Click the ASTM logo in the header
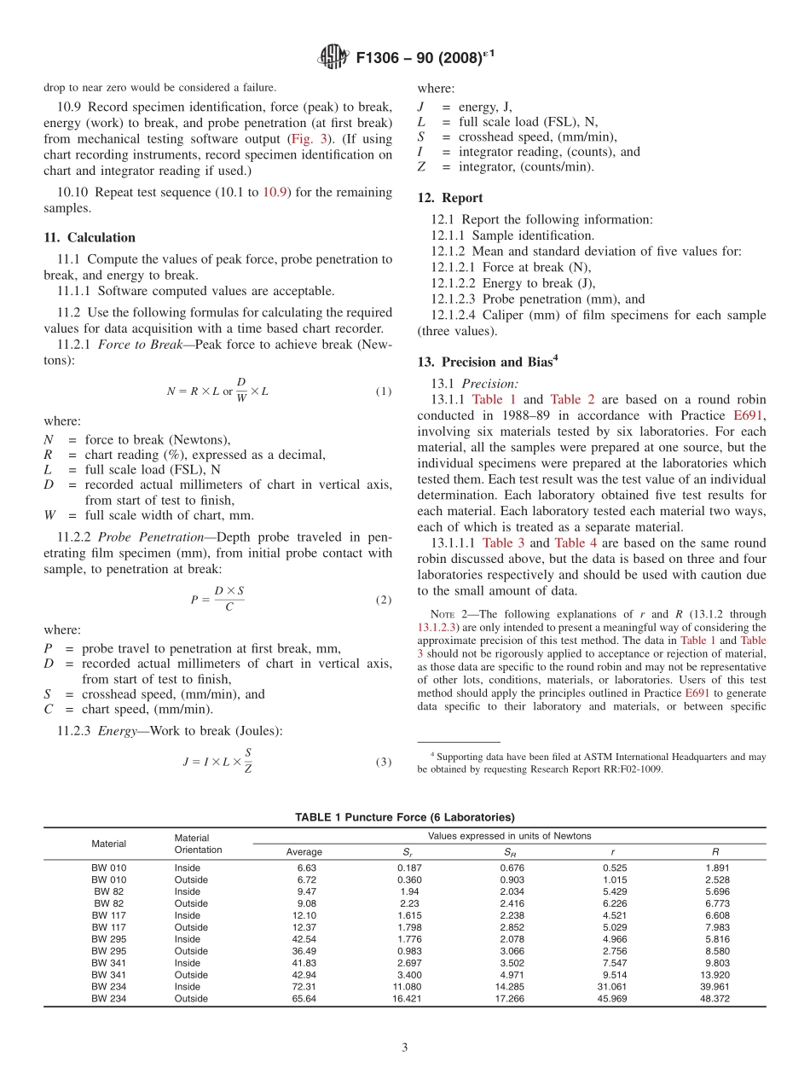(x=333, y=58)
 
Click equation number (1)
(x=384, y=392)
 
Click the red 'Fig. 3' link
(x=304, y=138)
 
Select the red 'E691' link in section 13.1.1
(x=749, y=415)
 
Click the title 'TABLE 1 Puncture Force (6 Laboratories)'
(x=405, y=817)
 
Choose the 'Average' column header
(x=304, y=851)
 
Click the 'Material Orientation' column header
(x=198, y=844)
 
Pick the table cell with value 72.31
(x=304, y=987)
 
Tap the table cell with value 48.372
(x=715, y=999)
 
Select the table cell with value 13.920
(x=715, y=975)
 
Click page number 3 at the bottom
(x=405, y=1048)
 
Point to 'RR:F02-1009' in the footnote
(x=630, y=769)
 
